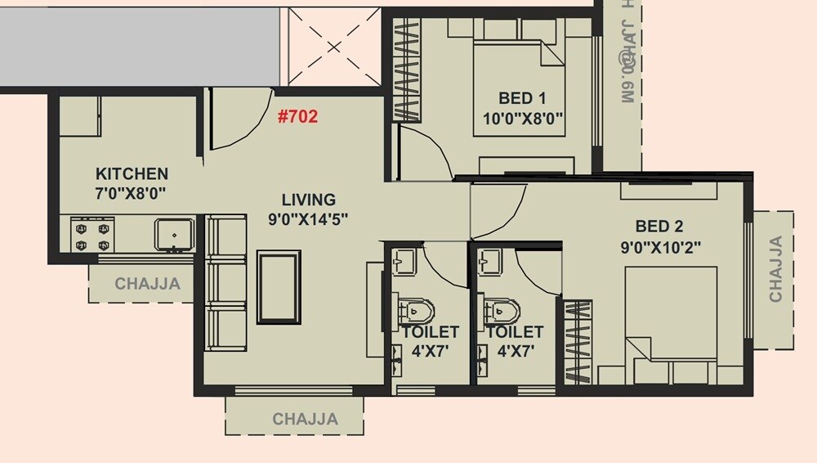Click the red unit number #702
(297, 116)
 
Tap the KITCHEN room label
(132, 173)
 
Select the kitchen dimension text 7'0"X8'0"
(132, 194)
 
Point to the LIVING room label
(308, 199)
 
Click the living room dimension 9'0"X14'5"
(308, 219)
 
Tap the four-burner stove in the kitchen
(92, 233)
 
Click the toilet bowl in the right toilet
(501, 312)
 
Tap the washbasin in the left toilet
(404, 262)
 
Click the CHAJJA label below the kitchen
(147, 285)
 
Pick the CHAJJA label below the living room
(305, 420)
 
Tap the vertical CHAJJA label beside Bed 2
(775, 269)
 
